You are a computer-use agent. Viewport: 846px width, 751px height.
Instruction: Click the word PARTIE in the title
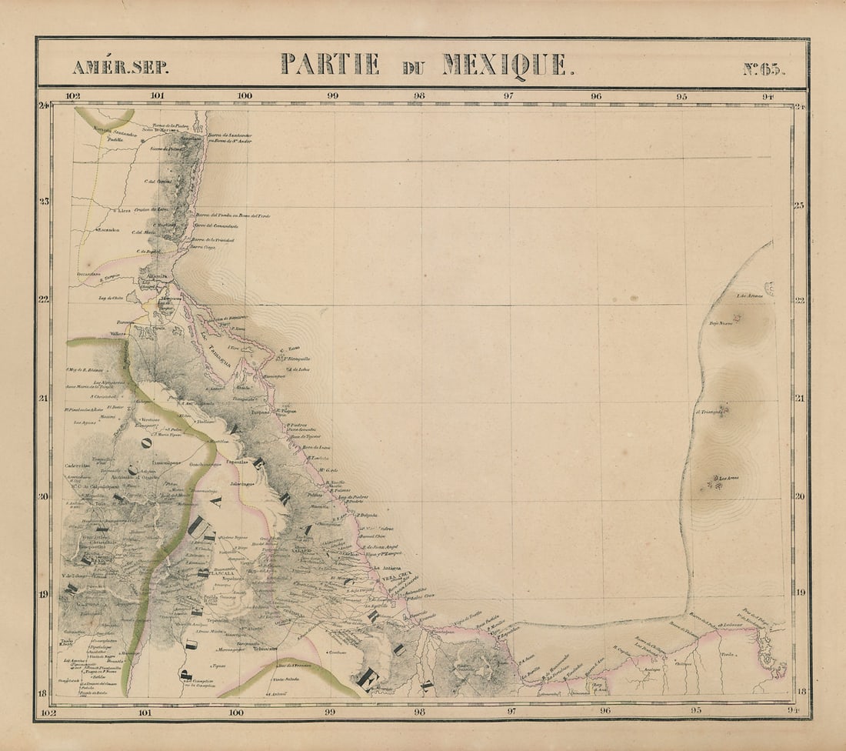coord(330,64)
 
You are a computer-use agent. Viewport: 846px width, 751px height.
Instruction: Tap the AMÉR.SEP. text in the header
coord(120,67)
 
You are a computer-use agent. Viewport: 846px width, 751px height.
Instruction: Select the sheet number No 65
coord(764,68)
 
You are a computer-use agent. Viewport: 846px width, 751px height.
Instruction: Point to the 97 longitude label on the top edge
coord(508,96)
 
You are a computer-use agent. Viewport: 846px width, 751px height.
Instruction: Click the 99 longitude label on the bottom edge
coord(330,712)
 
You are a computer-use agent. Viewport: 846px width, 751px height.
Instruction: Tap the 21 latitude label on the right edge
coord(800,398)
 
